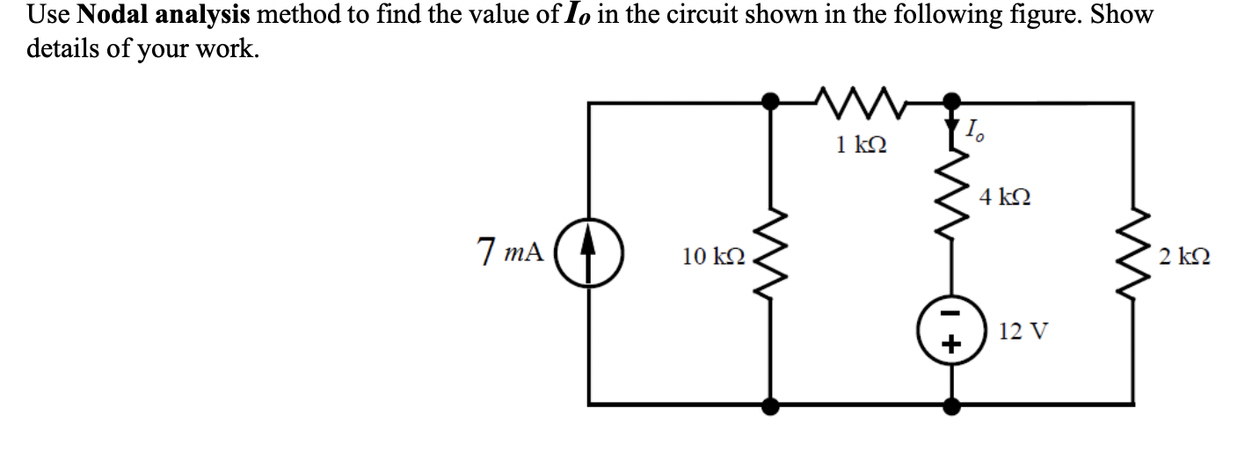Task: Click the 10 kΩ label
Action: (x=714, y=257)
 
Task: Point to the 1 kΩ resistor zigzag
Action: (x=861, y=102)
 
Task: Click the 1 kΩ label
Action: (x=861, y=143)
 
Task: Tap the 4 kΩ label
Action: (x=1005, y=196)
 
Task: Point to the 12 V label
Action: (x=1023, y=331)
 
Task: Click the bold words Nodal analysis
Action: (x=164, y=16)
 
